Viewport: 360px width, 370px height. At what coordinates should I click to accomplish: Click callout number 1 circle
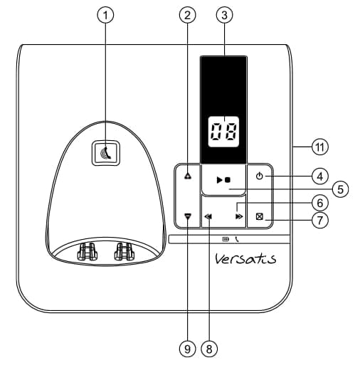105,15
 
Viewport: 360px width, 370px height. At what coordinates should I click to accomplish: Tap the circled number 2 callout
187,15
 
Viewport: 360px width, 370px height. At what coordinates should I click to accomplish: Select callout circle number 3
224,15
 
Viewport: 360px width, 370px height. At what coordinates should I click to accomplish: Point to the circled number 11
320,147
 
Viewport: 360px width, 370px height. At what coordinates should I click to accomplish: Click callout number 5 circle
340,189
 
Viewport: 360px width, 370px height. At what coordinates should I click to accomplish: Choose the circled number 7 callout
320,221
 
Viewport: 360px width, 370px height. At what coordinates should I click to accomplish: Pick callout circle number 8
209,349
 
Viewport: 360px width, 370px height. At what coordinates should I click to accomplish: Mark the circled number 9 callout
187,349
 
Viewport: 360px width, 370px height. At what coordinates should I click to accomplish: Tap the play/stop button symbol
223,180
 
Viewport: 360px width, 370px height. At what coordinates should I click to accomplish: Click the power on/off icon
260,176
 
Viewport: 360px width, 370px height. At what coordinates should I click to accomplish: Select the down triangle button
188,216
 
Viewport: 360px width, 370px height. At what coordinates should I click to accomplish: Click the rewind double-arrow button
208,216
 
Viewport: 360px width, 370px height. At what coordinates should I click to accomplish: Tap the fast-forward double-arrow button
239,216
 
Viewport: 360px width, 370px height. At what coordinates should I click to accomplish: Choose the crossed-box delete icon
260,216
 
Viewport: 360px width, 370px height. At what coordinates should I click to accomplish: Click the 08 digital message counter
223,132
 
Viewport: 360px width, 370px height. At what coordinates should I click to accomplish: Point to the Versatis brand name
245,258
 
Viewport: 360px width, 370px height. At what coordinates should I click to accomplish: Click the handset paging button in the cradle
106,153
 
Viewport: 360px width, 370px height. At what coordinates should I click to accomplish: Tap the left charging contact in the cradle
87,252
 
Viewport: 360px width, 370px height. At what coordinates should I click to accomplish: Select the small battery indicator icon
226,239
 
